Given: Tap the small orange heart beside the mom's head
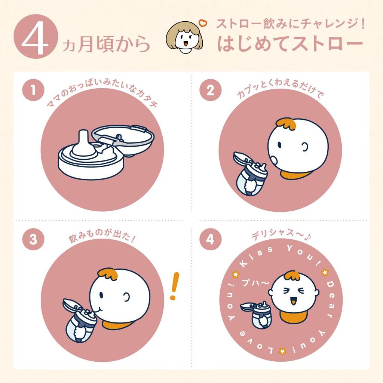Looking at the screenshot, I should pyautogui.click(x=203, y=24).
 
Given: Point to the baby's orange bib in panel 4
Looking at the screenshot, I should pyautogui.click(x=293, y=316).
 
